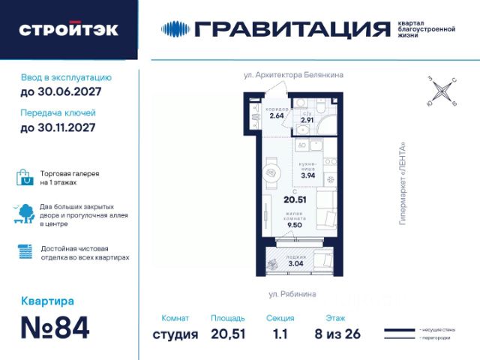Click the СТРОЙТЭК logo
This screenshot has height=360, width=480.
(x=68, y=30)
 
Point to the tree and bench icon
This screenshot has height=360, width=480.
(x=25, y=214)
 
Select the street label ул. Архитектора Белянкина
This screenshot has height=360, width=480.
(x=294, y=75)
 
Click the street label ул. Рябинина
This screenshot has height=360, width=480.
(x=292, y=294)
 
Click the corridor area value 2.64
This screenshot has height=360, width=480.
(x=277, y=115)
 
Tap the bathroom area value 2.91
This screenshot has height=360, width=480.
(x=307, y=120)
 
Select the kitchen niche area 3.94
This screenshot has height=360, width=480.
(x=307, y=175)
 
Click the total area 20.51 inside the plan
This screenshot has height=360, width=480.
(x=295, y=199)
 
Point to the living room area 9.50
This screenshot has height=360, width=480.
(x=295, y=224)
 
